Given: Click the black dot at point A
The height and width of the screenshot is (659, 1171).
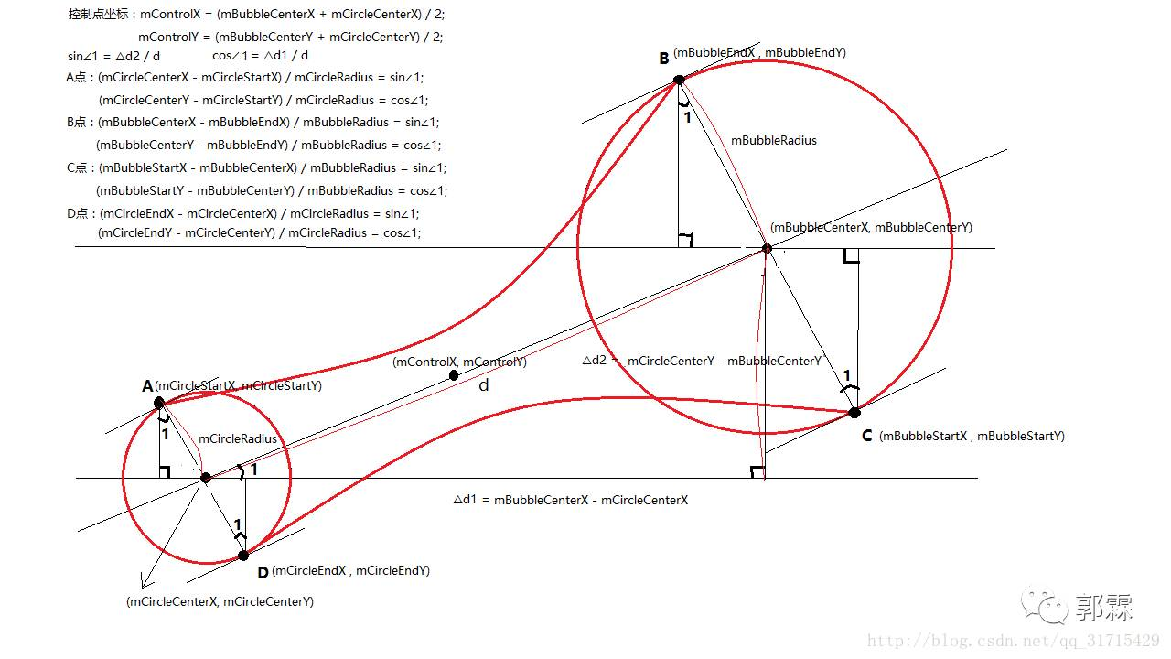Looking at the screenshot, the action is [159, 402].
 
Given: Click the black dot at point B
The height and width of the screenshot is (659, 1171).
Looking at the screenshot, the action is [679, 80].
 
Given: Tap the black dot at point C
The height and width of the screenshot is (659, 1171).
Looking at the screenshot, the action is [854, 413].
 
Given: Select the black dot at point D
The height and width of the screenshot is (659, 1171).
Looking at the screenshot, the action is [243, 556].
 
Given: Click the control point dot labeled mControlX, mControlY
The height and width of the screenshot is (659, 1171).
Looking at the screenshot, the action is [454, 375].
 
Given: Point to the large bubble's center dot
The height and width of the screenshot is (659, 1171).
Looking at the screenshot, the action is [767, 248].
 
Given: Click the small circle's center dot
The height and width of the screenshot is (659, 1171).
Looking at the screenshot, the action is [206, 478].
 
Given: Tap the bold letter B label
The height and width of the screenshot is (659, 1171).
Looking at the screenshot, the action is [664, 59].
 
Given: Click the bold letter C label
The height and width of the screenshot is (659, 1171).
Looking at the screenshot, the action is [866, 437].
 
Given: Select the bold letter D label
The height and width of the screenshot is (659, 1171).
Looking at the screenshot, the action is [263, 573].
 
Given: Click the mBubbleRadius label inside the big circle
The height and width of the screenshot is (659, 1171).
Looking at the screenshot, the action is [773, 141].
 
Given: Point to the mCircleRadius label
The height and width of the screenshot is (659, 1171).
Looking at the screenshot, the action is [237, 439].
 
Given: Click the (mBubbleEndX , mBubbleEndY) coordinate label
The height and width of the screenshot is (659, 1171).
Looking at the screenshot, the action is [759, 53].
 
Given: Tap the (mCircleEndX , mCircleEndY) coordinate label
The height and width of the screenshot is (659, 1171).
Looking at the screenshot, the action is [350, 571].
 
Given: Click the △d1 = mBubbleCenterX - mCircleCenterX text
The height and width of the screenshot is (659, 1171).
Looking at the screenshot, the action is [570, 501].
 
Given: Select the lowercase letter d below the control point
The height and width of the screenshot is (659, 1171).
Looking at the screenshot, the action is [484, 385].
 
